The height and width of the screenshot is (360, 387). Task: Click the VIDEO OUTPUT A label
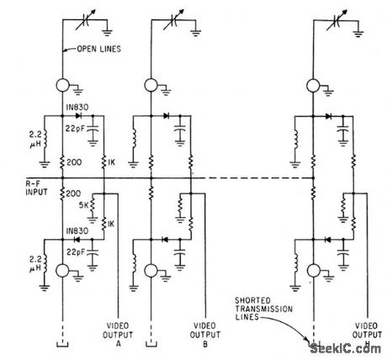tap(118, 331)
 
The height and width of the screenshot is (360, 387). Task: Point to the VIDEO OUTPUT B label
tap(203, 331)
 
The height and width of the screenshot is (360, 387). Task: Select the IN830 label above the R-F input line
tap(77, 108)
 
